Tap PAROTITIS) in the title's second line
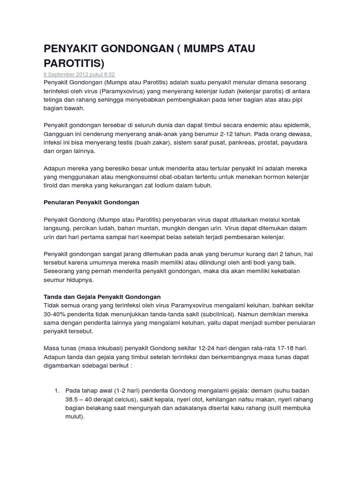click(74, 63)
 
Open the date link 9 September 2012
click(62, 75)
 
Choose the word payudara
click(300, 143)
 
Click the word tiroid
click(52, 185)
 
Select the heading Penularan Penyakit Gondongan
click(91, 202)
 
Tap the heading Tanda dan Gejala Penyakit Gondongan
click(102, 297)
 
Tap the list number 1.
click(57, 390)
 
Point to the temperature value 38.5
click(74, 399)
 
